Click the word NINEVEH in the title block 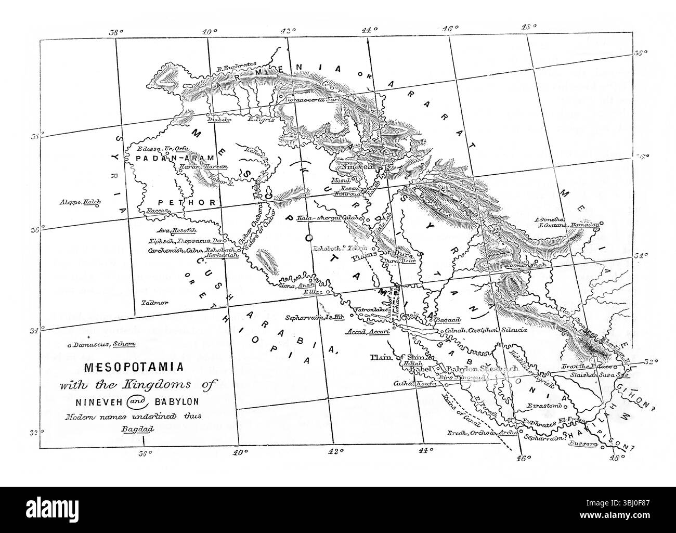click(x=96, y=402)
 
